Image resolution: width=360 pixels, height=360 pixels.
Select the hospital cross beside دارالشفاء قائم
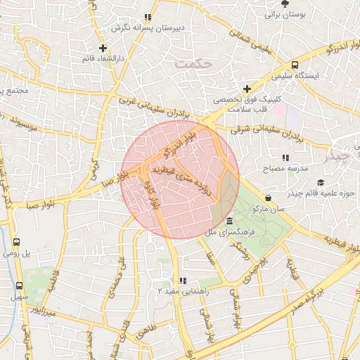pyautogui.click(x=103, y=48)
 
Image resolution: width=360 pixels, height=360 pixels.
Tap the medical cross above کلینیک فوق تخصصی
pyautogui.click(x=246, y=89)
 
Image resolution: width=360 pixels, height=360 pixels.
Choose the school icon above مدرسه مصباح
pyautogui.click(x=285, y=158)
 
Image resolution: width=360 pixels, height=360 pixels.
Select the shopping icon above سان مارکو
pyautogui.click(x=268, y=198)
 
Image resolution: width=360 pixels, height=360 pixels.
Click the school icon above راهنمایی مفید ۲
pyautogui.click(x=183, y=281)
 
